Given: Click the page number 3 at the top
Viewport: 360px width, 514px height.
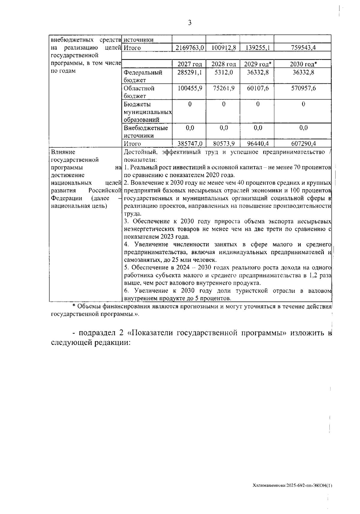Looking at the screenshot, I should click(x=190, y=23).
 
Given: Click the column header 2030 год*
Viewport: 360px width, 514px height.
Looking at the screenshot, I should click(x=303, y=64).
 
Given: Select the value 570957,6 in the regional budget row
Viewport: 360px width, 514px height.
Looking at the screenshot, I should click(x=303, y=88).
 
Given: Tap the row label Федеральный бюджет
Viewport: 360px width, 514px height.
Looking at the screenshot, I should click(x=143, y=76).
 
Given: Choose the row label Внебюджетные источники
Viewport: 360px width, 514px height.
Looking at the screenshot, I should click(x=146, y=132).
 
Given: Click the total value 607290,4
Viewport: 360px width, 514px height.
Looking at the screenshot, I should click(x=303, y=144).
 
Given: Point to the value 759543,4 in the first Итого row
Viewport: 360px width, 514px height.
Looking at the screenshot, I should click(x=303, y=48).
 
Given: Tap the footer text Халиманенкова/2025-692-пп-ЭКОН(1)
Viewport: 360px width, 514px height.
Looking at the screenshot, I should click(x=292, y=485).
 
